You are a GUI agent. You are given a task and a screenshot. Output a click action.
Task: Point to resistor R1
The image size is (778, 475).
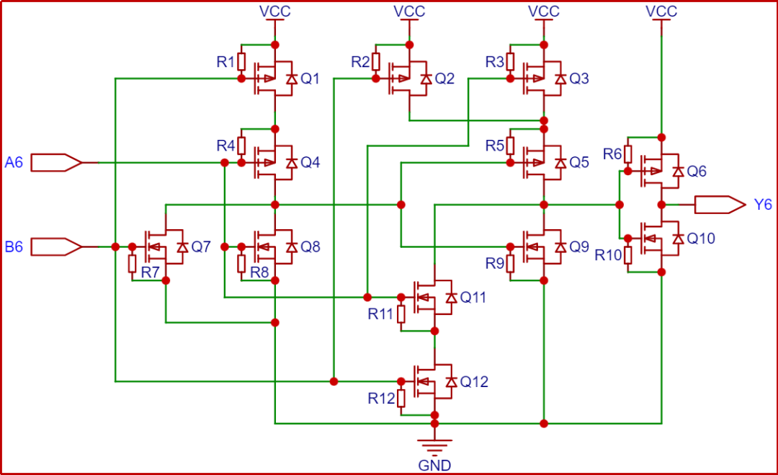click(x=241, y=61)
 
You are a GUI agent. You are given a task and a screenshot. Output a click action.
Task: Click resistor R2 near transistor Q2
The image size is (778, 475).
click(x=375, y=61)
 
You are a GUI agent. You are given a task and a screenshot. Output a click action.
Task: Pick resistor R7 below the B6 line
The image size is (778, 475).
click(x=133, y=264)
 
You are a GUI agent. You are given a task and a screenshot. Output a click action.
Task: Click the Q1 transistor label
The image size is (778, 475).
click(x=310, y=79)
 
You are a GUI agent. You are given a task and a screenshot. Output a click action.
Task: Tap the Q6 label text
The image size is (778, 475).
click(x=697, y=172)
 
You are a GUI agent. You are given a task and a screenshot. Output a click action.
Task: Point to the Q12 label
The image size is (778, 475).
click(x=473, y=382)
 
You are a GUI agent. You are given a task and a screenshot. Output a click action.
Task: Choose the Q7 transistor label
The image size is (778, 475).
click(x=201, y=247)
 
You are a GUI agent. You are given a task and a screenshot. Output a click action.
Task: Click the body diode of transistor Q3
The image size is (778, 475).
click(x=560, y=79)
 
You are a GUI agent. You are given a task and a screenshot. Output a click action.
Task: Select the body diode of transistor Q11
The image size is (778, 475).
click(x=452, y=297)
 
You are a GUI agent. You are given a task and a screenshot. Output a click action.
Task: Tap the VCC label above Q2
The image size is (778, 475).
click(x=409, y=11)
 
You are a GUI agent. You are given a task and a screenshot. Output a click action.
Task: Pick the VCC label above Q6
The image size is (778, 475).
click(x=661, y=11)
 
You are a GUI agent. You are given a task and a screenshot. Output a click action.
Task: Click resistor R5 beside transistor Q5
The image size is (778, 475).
click(x=510, y=146)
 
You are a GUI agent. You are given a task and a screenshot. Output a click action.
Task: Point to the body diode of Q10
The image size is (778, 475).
click(x=678, y=238)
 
